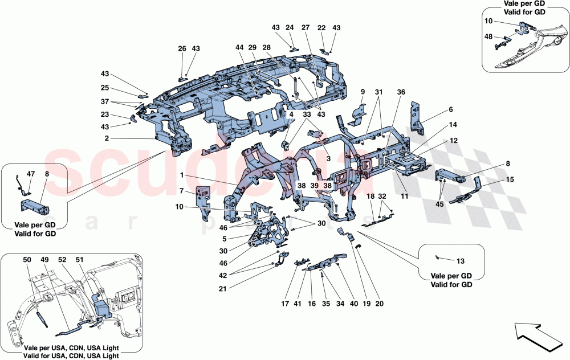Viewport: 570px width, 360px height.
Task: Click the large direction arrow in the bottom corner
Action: point(540,336)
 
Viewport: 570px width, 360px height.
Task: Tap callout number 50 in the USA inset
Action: point(27,260)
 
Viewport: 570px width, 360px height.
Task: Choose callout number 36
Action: point(401,92)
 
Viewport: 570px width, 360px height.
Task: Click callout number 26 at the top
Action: point(182,49)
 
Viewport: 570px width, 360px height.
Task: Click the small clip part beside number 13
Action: point(438,258)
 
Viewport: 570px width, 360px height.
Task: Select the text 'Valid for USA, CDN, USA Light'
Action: point(71,355)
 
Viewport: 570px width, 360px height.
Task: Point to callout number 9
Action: point(362,92)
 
